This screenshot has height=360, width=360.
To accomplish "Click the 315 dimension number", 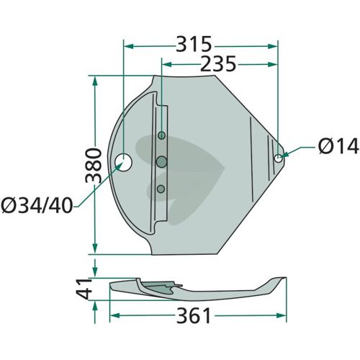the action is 194,44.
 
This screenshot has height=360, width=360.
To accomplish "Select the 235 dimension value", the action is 218,64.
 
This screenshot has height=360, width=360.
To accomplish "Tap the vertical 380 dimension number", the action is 94,166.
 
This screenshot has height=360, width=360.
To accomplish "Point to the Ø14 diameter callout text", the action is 338,146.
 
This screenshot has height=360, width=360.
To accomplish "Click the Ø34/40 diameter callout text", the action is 37,206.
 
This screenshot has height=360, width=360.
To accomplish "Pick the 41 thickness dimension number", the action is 84,289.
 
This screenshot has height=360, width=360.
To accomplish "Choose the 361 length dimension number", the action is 194,315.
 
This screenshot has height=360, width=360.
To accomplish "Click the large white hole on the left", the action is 123,162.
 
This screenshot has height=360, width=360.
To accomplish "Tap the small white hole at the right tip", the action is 278,158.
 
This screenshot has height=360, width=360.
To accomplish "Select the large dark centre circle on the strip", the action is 161,162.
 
